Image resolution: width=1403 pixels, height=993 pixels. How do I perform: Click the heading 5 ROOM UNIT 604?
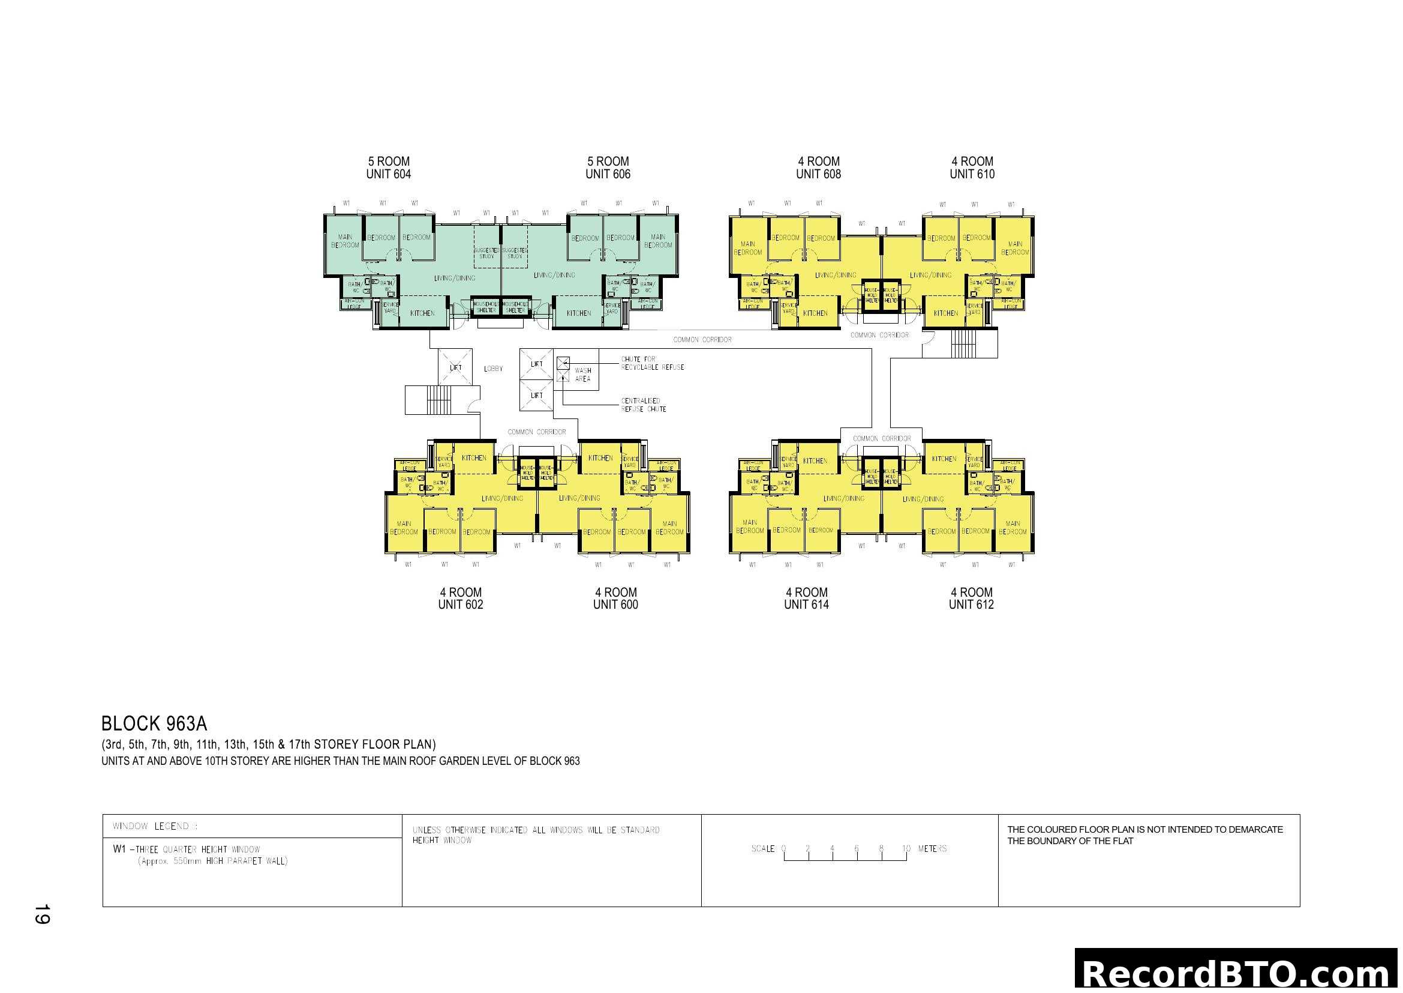click(389, 168)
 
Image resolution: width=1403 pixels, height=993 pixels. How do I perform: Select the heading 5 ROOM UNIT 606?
click(608, 168)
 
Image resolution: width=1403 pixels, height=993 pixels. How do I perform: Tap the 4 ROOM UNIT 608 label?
click(818, 168)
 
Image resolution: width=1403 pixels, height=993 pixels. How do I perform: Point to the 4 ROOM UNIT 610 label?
click(972, 168)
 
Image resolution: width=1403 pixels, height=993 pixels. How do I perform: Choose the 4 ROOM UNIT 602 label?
click(461, 598)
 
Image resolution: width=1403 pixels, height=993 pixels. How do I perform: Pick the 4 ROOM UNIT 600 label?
click(615, 598)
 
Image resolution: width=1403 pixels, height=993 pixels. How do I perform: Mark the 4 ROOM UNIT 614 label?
click(807, 598)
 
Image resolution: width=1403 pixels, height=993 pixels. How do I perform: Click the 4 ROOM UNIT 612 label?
click(971, 598)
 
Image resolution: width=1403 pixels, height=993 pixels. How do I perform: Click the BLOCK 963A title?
click(154, 724)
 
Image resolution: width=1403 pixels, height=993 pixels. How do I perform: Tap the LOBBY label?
click(493, 369)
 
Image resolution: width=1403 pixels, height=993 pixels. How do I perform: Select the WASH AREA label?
click(583, 375)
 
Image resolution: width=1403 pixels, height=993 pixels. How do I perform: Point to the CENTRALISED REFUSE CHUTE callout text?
click(644, 405)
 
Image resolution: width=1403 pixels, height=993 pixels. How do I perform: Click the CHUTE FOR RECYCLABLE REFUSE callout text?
click(653, 363)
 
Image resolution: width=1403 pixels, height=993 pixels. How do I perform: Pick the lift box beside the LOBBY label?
click(456, 367)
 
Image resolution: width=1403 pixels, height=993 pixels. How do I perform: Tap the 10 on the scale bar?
click(906, 849)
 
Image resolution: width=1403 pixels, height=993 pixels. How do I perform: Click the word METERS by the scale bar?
click(932, 849)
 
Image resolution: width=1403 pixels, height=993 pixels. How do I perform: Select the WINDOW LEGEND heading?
click(155, 826)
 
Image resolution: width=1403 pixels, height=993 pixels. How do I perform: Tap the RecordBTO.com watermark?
click(1237, 973)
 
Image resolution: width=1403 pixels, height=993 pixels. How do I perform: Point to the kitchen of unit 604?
click(422, 313)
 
